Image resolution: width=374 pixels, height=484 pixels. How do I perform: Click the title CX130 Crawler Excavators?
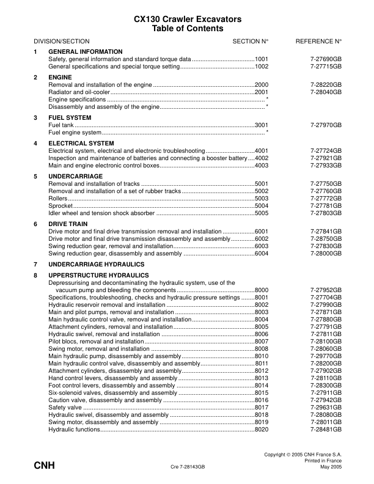point(187,20)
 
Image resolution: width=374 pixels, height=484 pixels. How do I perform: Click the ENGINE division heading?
point(60,77)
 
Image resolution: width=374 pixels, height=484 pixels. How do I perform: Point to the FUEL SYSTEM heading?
point(70,117)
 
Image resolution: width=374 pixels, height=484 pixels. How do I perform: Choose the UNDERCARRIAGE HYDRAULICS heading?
point(96,264)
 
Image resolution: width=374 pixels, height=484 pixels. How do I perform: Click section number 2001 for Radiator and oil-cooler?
point(262,91)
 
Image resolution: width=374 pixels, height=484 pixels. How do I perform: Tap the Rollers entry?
point(57,198)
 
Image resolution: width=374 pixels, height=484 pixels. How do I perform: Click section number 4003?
point(262,165)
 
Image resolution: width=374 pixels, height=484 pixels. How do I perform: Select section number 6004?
point(262,253)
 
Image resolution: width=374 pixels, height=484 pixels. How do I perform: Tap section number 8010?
point(262,356)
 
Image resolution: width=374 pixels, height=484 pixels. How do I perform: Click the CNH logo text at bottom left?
point(44,466)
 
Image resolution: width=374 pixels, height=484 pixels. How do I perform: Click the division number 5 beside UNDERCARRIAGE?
point(35,176)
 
